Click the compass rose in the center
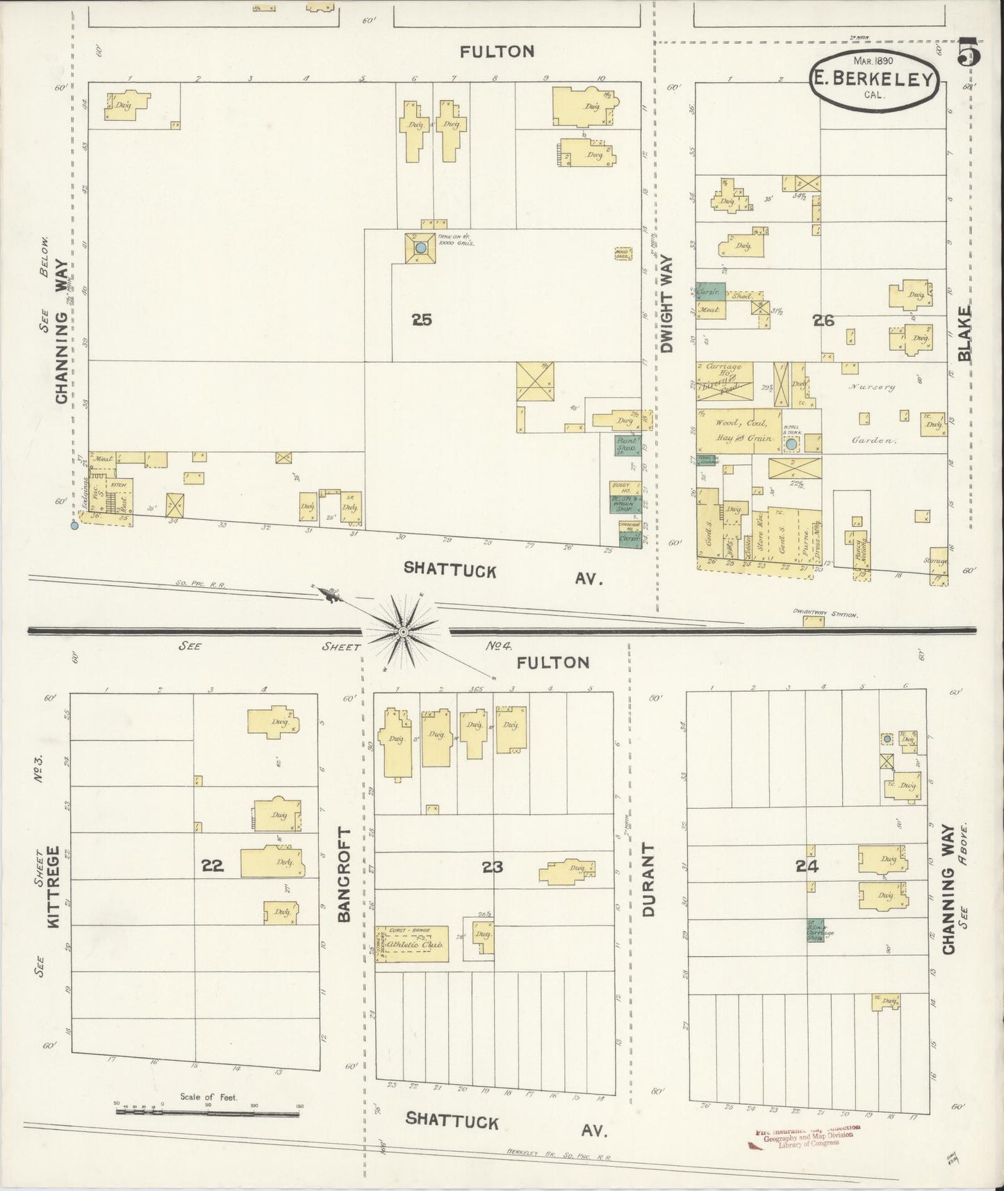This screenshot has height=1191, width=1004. [x=402, y=631]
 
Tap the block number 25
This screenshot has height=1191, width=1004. [x=421, y=320]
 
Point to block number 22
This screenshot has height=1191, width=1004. [x=212, y=865]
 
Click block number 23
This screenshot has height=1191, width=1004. [x=492, y=866]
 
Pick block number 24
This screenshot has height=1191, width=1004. [x=807, y=866]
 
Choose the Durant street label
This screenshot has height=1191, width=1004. [x=649, y=880]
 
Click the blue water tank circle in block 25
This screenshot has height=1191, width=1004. [x=420, y=247]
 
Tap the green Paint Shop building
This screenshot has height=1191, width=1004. [x=627, y=445]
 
